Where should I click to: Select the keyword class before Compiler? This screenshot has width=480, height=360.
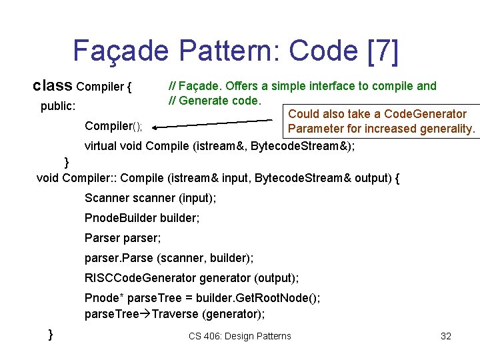click(x=53, y=86)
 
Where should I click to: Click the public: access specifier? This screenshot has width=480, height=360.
click(x=58, y=106)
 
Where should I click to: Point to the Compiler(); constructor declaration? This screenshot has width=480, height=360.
click(x=114, y=126)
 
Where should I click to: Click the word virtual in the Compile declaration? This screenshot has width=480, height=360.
click(x=103, y=145)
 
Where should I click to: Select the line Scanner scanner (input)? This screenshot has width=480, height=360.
click(x=150, y=198)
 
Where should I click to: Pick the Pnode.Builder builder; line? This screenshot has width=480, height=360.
click(x=142, y=218)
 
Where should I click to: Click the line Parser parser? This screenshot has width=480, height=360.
click(x=123, y=238)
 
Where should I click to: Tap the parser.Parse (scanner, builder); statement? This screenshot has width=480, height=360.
click(x=169, y=257)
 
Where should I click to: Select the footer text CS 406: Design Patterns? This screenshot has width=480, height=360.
click(x=240, y=336)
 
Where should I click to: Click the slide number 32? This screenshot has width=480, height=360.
click(x=446, y=336)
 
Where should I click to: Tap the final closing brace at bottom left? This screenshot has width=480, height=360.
click(x=51, y=333)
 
